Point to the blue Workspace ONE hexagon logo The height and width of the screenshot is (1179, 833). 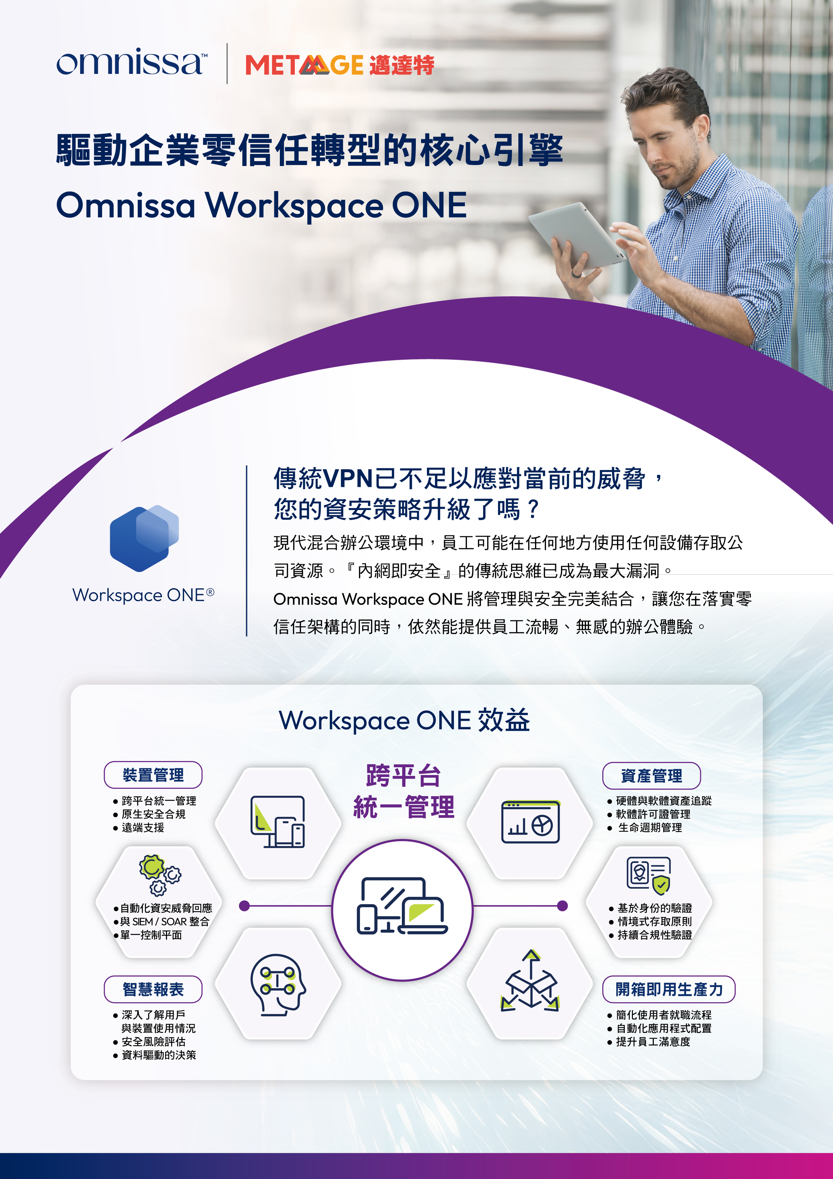click(144, 538)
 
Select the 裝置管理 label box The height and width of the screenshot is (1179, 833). click(153, 775)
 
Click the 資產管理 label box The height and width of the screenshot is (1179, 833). click(651, 776)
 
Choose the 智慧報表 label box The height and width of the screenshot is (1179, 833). click(153, 989)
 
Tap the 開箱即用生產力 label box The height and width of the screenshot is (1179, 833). click(669, 989)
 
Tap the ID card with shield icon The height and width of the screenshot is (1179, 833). click(649, 875)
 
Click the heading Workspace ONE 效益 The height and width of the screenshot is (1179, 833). click(404, 720)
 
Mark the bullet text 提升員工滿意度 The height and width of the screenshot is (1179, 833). click(653, 1041)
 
